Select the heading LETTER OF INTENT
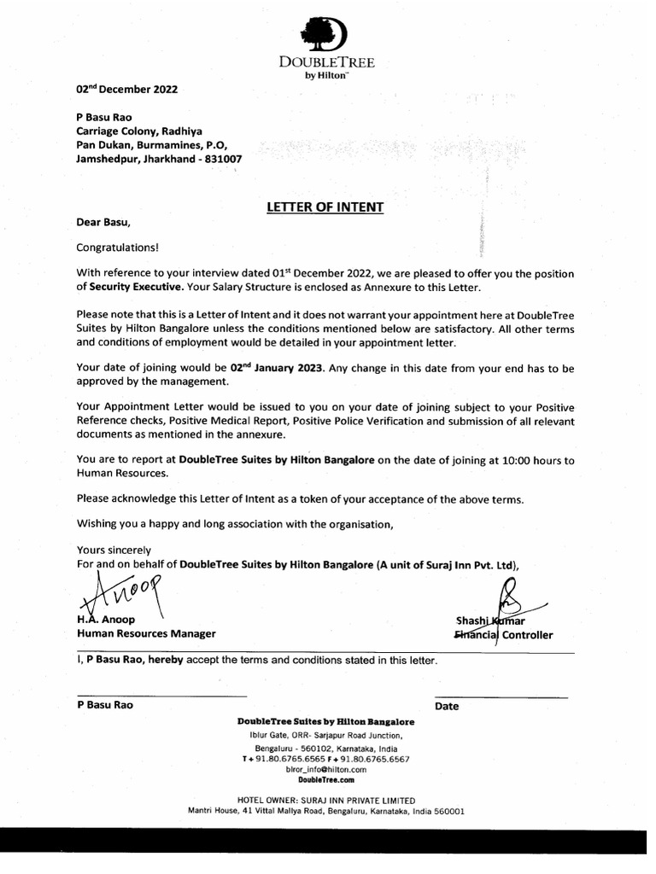pyautogui.click(x=325, y=207)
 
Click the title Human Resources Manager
pyautogui.click(x=146, y=633)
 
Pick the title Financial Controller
pyautogui.click(x=503, y=635)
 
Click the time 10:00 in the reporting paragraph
pyautogui.click(x=505, y=459)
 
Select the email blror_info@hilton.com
pyautogui.click(x=325, y=769)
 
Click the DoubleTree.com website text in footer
pyautogui.click(x=325, y=779)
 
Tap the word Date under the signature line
pyautogui.click(x=447, y=706)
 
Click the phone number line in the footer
pyautogui.click(x=325, y=759)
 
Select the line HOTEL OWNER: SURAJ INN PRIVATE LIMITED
pyautogui.click(x=325, y=801)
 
